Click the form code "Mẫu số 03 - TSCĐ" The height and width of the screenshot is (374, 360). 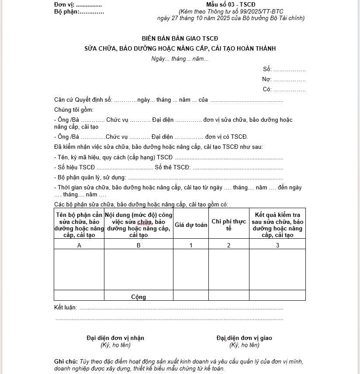(234, 5)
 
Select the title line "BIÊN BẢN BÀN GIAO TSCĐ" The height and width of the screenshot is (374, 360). (180, 38)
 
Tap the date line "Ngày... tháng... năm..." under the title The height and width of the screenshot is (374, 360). (180, 59)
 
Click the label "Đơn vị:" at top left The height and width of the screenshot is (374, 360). (64, 5)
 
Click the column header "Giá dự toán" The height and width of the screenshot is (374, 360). (191, 225)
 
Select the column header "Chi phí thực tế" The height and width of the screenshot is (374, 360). (228, 225)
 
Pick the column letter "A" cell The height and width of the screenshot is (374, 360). (79, 245)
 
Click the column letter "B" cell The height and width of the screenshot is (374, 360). (138, 245)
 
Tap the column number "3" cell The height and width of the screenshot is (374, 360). (277, 245)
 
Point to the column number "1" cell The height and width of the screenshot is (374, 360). (191, 245)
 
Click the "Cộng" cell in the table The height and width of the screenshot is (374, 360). (138, 297)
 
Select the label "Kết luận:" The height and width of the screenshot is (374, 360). (66, 308)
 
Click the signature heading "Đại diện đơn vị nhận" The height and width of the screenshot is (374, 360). (115, 338)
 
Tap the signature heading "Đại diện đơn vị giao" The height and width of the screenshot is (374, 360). (244, 338)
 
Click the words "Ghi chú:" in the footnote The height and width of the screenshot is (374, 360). (66, 361)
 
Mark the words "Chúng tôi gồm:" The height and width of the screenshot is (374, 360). (74, 110)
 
